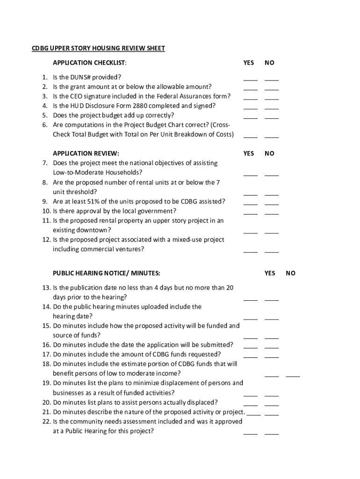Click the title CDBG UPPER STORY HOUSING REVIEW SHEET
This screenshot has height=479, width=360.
click(x=98, y=48)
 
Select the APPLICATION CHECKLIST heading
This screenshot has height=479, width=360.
click(x=89, y=63)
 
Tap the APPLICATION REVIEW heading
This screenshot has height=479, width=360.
click(x=86, y=153)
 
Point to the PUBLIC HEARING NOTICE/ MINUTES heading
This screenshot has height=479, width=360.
click(x=107, y=273)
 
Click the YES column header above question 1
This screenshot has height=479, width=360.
click(x=249, y=63)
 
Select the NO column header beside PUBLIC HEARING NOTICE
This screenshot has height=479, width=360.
click(x=291, y=273)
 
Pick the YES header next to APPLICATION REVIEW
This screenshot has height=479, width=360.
click(x=249, y=153)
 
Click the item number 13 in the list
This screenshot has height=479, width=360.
click(x=46, y=288)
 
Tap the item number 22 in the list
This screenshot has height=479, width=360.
click(x=46, y=421)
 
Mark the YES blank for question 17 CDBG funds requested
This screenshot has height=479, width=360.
click(x=250, y=356)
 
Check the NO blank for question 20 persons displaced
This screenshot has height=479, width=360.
click(x=272, y=404)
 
